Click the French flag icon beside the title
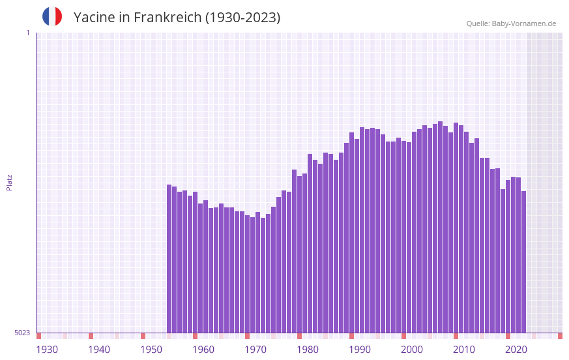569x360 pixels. [x=52, y=16]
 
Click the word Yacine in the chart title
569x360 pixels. [x=94, y=18]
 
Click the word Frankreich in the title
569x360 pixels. [x=168, y=18]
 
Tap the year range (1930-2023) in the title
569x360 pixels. [x=242, y=18]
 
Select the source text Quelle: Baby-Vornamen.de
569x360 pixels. [x=511, y=23]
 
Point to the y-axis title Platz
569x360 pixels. [x=9, y=182]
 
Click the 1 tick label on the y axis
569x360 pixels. [x=27, y=33]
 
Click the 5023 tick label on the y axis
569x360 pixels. [x=22, y=333]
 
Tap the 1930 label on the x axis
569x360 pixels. [x=47, y=350]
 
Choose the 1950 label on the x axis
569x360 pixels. [x=151, y=350]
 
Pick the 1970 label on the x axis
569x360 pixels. [x=255, y=350]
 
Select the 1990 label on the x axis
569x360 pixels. [x=360, y=350]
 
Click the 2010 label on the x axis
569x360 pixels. [x=464, y=350]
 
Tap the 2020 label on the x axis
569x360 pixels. [x=516, y=350]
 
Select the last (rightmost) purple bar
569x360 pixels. [x=523, y=262]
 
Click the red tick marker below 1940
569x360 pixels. [x=91, y=336]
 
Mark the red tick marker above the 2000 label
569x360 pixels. [x=403, y=336]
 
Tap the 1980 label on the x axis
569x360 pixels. [x=308, y=350]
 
